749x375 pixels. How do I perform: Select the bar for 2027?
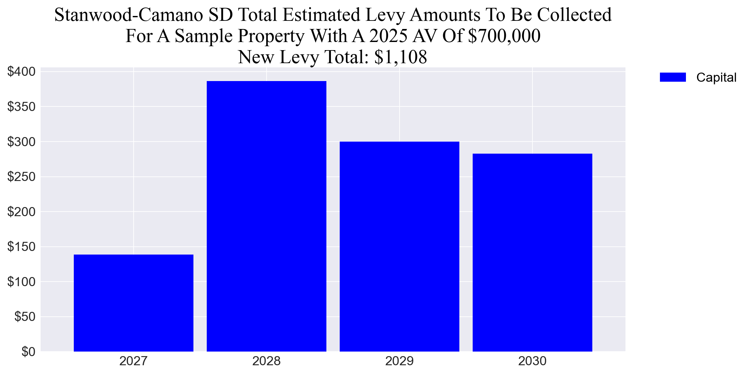[133, 303]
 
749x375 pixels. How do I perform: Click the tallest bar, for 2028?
[266, 216]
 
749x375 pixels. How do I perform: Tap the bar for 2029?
[399, 246]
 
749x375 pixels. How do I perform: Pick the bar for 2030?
[532, 252]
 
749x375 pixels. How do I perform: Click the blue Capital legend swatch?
[673, 77]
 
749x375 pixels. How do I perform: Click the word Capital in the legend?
[716, 77]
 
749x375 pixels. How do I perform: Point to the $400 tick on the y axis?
[21, 72]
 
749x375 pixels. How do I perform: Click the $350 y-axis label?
[21, 107]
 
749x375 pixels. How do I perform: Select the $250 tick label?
[21, 177]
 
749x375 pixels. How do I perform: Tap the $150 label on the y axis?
[21, 247]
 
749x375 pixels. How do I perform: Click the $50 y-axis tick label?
[25, 317]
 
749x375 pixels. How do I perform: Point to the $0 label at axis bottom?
[28, 352]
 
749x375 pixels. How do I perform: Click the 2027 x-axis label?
[133, 361]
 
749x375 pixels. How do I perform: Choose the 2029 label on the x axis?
[399, 361]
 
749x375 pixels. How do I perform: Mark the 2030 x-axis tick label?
[532, 361]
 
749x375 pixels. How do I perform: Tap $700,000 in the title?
[504, 36]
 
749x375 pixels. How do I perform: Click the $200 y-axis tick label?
[21, 212]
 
